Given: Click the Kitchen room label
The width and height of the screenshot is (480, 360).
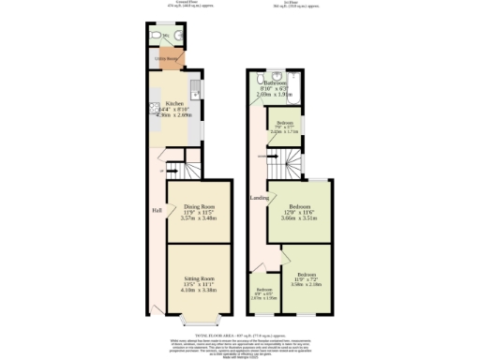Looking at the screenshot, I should pos(174,104).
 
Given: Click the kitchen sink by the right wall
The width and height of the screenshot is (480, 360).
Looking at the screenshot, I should pos(194,92).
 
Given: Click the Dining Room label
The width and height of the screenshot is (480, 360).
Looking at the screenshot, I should pos(198,206).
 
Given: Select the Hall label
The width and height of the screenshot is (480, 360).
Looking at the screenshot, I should pos(157,210).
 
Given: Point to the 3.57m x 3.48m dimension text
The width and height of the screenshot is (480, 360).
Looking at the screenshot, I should pos(198,218).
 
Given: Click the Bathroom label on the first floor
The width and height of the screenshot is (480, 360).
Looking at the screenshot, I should pos(278,82).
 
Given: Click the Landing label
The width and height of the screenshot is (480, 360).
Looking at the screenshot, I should pos(259,198).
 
